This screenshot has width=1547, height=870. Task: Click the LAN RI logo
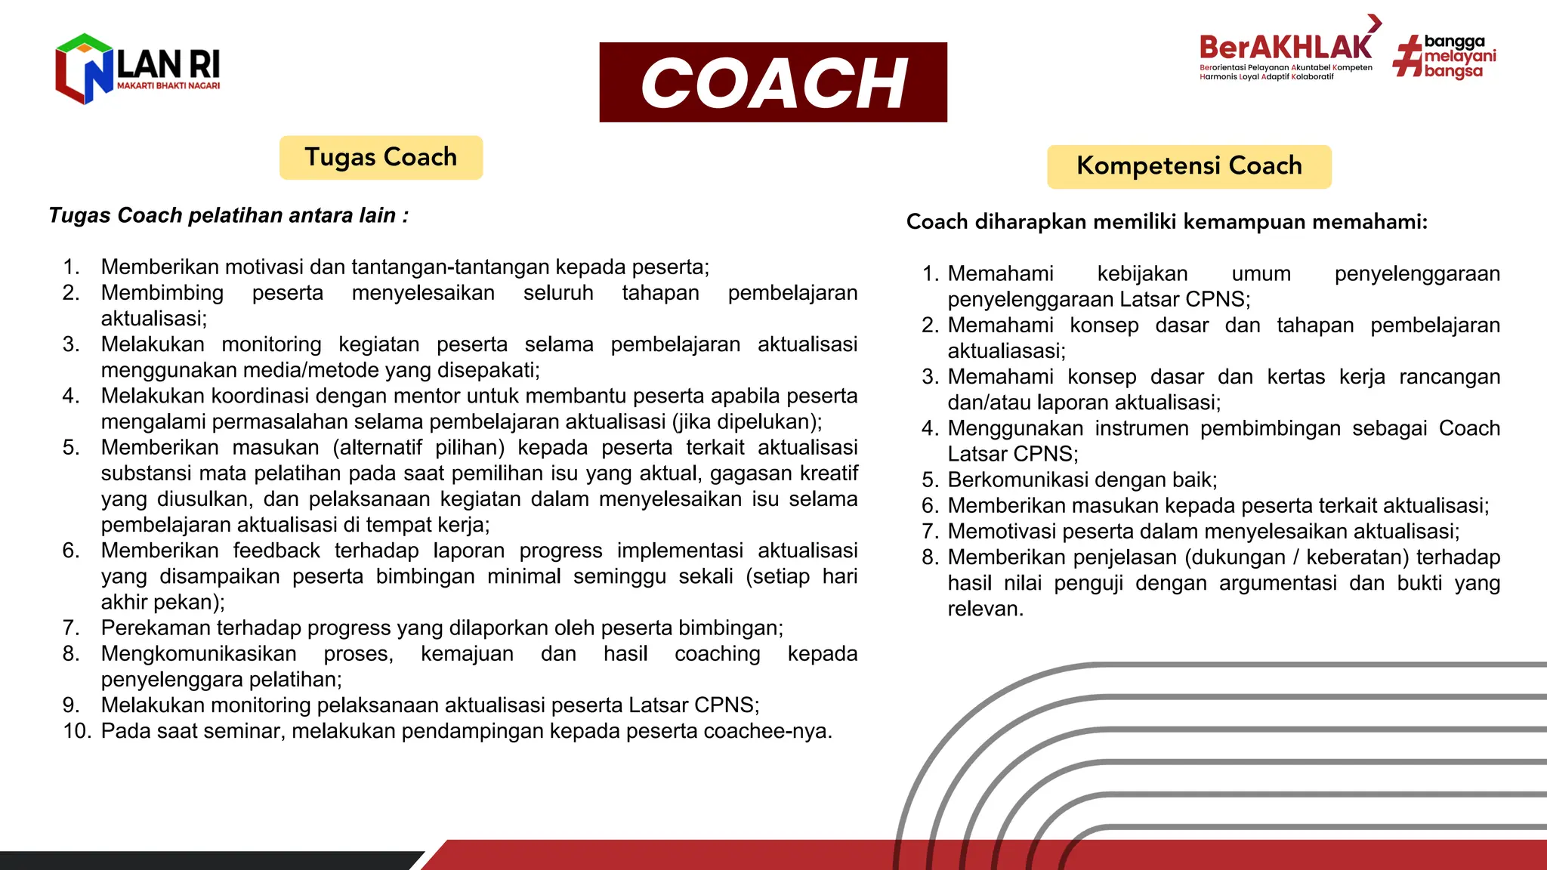[137, 69]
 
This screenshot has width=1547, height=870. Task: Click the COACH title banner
[773, 82]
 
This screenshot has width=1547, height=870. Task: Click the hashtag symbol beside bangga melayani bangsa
[1407, 57]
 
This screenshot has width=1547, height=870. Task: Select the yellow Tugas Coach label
[381, 157]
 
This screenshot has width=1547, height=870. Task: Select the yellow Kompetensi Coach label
[1189, 166]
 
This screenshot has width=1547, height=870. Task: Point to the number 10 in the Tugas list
[77, 731]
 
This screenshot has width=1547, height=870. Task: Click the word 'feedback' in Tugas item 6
[276, 551]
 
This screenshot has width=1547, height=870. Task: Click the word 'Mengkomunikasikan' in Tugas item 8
[199, 654]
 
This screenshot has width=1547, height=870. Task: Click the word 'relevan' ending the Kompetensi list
[983, 609]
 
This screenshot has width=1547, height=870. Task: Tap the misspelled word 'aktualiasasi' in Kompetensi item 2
[1005, 351]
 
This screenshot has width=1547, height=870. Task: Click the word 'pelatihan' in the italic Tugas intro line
[230, 216]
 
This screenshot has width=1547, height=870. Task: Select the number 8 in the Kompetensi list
[929, 557]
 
